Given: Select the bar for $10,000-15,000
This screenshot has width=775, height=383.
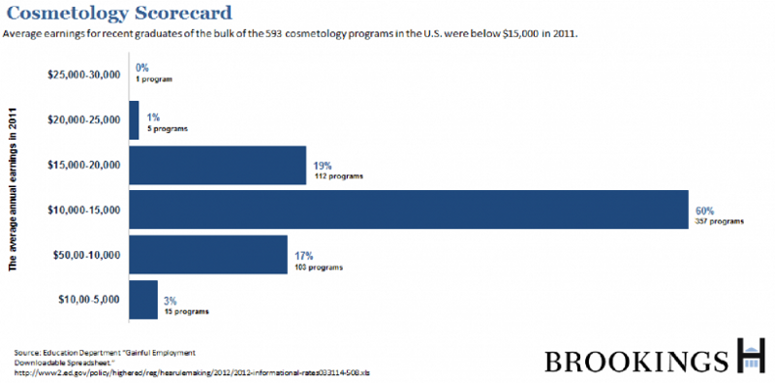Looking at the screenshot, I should pyautogui.click(x=407, y=209).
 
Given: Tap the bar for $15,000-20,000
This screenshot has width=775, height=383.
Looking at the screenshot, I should pyautogui.click(x=218, y=165).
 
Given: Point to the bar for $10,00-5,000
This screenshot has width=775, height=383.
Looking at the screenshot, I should pyautogui.click(x=143, y=300).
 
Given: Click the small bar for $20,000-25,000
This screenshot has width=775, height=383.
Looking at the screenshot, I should pyautogui.click(x=134, y=119).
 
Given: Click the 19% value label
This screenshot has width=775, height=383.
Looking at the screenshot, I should pyautogui.click(x=323, y=164).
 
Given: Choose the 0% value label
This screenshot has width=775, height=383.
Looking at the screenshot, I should pyautogui.click(x=142, y=68).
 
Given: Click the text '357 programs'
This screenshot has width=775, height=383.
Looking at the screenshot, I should pyautogui.click(x=719, y=221).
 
